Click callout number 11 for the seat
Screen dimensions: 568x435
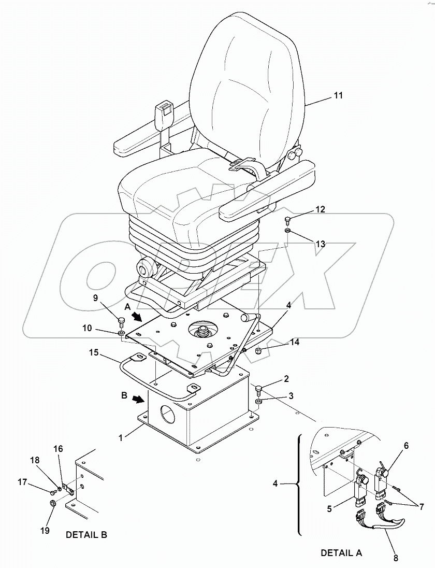(x=324, y=96)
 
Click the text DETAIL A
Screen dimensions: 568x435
(x=342, y=553)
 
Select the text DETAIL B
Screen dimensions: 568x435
(x=86, y=534)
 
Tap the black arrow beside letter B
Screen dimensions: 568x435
(x=138, y=400)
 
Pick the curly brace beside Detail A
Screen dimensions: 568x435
(x=299, y=485)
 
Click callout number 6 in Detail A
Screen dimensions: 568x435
(x=406, y=445)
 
